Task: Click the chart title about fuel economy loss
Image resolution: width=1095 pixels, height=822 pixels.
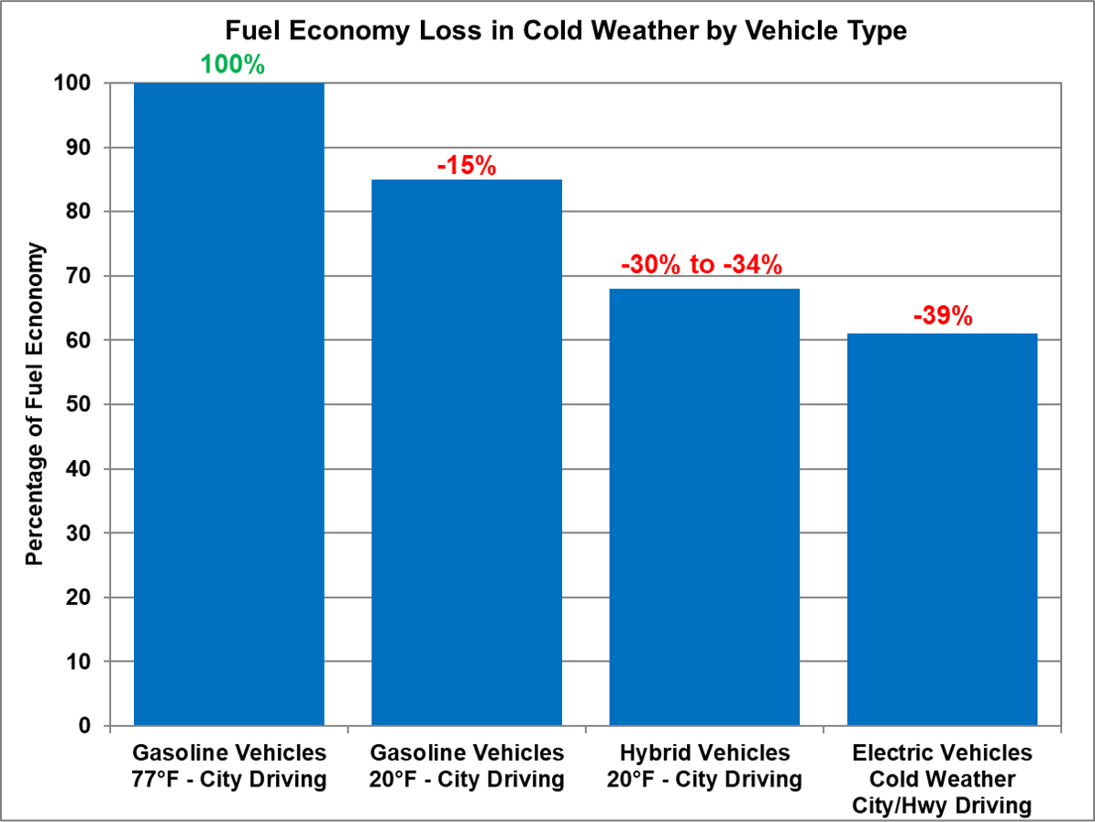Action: (x=567, y=30)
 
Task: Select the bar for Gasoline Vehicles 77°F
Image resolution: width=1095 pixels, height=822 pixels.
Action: (x=229, y=403)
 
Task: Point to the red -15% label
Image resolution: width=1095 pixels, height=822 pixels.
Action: (x=466, y=166)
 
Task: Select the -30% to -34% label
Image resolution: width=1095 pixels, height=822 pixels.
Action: (x=702, y=266)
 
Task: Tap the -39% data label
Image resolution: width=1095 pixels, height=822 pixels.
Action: (x=942, y=317)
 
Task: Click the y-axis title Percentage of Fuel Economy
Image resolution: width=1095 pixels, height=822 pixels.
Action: (x=35, y=404)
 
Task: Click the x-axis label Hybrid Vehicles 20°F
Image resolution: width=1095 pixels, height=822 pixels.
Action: (x=704, y=766)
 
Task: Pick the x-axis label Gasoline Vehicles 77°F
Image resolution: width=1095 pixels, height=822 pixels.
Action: (x=229, y=766)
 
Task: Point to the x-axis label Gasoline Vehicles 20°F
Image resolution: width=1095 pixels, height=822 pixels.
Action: (x=466, y=766)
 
